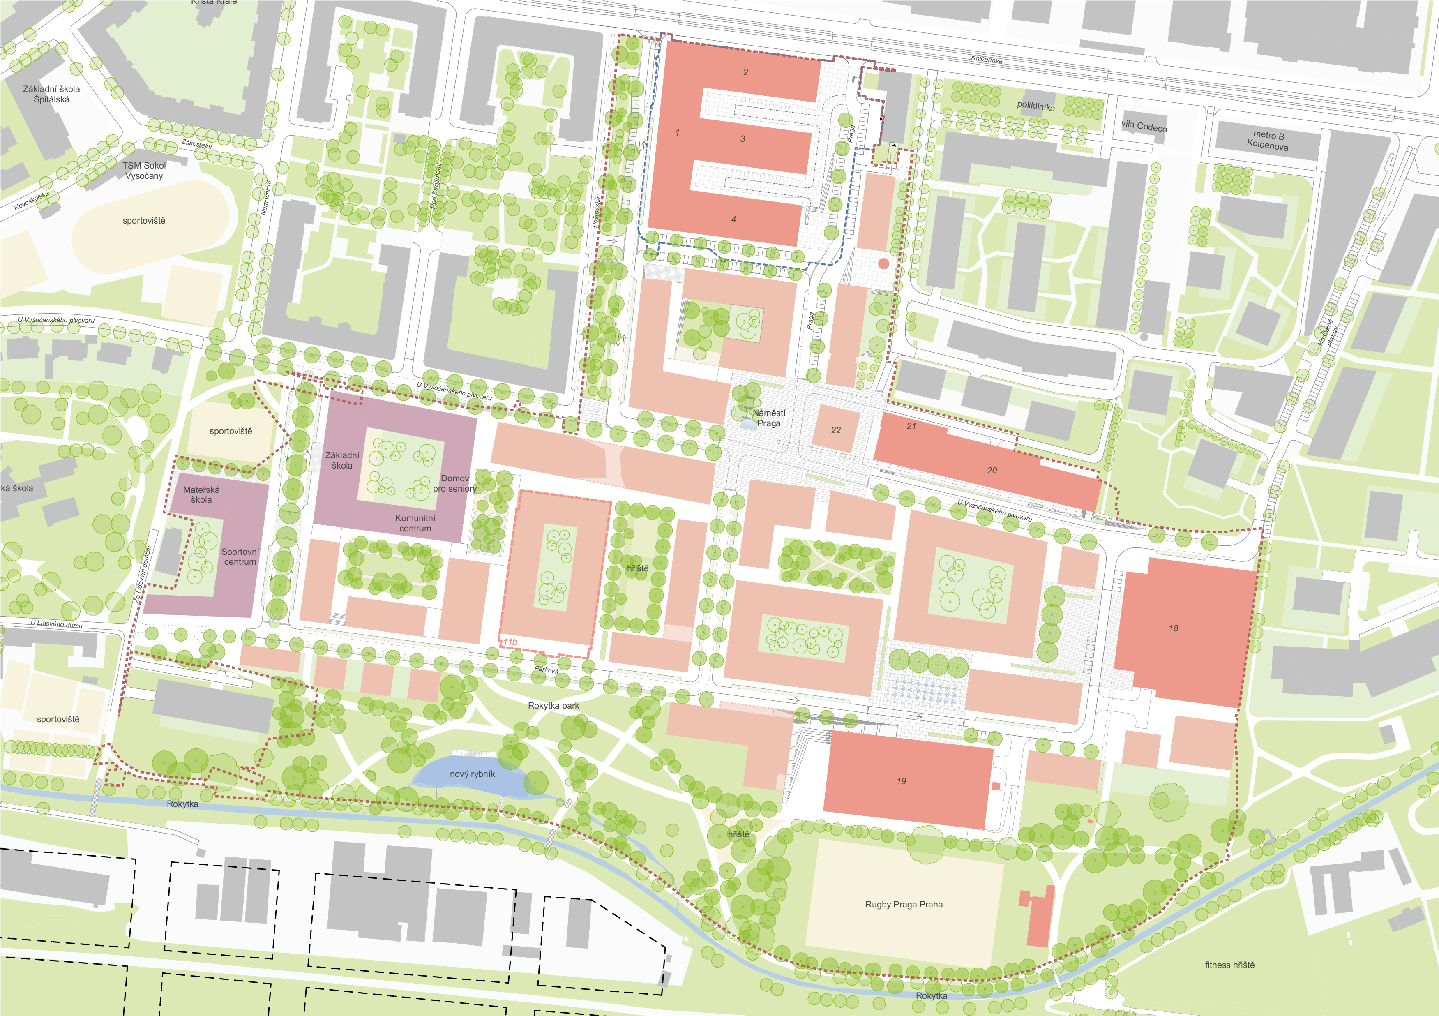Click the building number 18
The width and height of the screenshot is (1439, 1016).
[x=1173, y=628]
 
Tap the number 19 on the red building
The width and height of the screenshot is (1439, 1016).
[x=901, y=781]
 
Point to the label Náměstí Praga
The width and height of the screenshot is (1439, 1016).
[x=768, y=418]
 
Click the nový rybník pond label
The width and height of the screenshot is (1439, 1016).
[x=472, y=774]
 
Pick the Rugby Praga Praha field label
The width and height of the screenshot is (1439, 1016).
[x=904, y=905]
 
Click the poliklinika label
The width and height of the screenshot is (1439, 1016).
[x=1035, y=106]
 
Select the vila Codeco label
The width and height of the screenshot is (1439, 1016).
[x=1144, y=126]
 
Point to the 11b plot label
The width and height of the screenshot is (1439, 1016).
[x=510, y=642]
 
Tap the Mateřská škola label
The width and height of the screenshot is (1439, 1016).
[x=201, y=494]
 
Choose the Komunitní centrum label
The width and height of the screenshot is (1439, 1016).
[x=415, y=523]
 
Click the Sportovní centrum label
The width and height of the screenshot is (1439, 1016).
[x=240, y=556]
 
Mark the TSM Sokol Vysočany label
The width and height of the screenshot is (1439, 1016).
[x=144, y=171]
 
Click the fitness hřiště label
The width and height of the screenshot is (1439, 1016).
[x=1230, y=965]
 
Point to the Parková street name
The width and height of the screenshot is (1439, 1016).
[x=546, y=670]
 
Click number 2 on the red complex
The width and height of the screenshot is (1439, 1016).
[x=745, y=72]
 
